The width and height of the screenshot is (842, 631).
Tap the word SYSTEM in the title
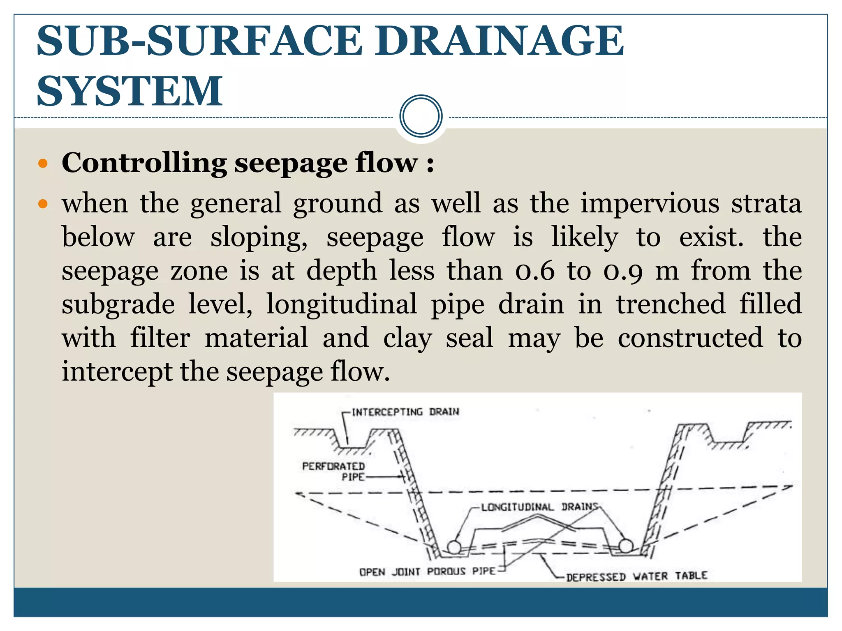pos(130,91)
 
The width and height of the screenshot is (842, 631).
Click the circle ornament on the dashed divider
pos(421,116)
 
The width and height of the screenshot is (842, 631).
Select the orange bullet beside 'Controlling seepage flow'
pos(43,164)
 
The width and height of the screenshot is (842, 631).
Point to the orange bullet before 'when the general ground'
pos(43,204)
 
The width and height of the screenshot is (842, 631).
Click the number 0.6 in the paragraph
pos(535,271)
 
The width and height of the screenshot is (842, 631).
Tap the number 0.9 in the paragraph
pos(623,271)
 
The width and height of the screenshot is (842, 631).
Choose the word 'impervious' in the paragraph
pos(650,204)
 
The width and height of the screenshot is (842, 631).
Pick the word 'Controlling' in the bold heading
pos(144,163)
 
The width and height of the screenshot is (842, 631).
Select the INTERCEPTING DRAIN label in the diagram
pos(405,412)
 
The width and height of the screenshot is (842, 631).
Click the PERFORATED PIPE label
pos(334,471)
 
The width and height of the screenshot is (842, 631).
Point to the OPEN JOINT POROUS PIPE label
pos(427,571)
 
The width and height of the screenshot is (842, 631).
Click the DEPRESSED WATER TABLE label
pos(636,576)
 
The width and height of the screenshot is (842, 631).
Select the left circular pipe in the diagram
pos(454,547)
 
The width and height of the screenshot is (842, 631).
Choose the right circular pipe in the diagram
pos(626,546)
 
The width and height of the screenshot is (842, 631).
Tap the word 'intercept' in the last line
pos(117,372)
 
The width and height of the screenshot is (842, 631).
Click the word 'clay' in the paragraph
pos(407,338)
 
